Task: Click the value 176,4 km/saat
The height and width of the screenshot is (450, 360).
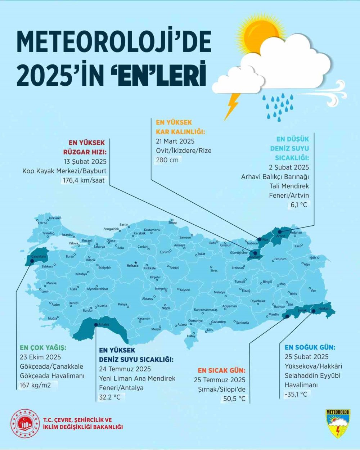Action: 84,180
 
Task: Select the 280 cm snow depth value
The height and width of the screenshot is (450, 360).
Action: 167,160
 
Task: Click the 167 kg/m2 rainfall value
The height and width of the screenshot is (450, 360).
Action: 35,385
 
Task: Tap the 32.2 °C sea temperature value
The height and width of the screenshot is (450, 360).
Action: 110,397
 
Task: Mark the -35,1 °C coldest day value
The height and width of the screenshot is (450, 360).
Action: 296,394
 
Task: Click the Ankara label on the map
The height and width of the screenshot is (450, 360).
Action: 132,266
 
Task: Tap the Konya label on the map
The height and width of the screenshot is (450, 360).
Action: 122,305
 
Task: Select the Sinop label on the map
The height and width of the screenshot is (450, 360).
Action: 173,223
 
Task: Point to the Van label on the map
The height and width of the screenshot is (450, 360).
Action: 313,291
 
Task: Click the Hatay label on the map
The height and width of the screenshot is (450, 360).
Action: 191,336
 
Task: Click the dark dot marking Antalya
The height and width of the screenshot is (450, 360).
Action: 96,325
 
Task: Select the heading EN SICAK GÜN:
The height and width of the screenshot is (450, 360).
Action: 221,370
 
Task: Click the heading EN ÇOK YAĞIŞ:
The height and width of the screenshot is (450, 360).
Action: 43,348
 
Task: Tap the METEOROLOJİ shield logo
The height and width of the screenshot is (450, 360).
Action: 338,423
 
